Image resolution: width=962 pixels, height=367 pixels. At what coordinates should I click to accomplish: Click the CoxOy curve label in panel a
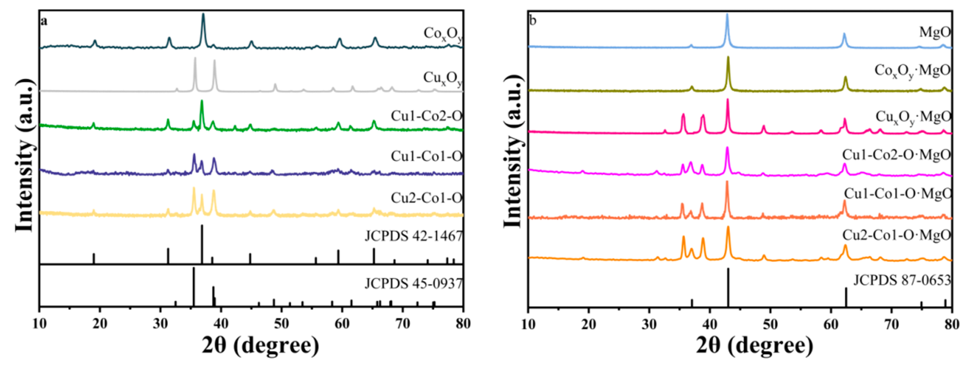(443, 34)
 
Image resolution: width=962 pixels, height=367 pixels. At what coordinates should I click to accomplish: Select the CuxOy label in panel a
(443, 78)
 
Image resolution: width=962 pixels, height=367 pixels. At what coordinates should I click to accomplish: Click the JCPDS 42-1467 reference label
(414, 236)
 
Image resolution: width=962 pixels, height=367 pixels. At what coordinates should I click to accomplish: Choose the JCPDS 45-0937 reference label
(414, 284)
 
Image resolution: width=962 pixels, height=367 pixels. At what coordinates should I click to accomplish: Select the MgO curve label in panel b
(934, 32)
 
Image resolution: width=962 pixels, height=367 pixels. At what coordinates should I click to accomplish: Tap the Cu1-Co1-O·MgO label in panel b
(898, 193)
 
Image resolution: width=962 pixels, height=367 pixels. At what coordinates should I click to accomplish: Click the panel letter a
(44, 21)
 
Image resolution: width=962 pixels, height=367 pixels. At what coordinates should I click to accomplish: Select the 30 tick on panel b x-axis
(649, 324)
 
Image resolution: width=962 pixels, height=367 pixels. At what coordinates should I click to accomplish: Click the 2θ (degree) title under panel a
(260, 346)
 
